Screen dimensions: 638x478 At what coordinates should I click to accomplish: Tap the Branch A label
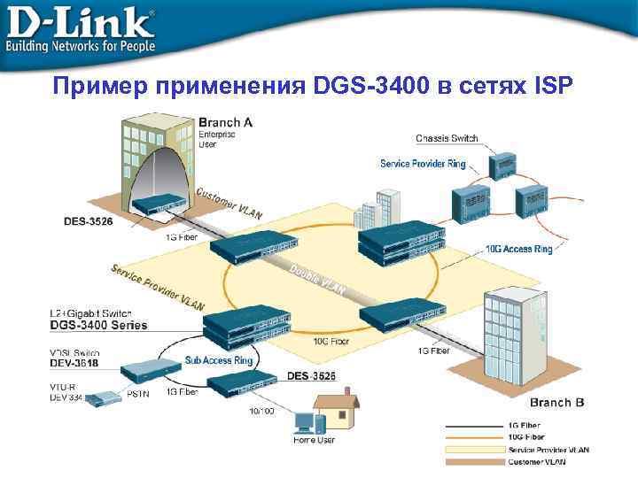pyautogui.click(x=225, y=123)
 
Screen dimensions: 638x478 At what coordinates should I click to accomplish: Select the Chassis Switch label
pyautogui.click(x=447, y=138)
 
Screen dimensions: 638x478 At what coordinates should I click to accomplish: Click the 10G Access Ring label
pyautogui.click(x=519, y=250)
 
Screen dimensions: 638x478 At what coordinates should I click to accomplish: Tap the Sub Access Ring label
pyautogui.click(x=219, y=360)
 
